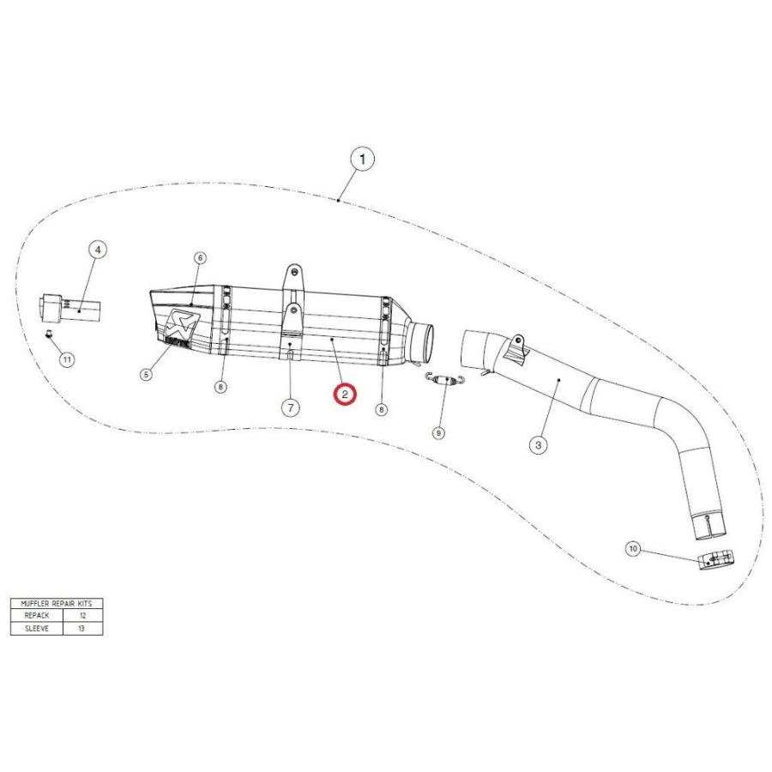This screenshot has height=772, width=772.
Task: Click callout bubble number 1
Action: pos(362,160)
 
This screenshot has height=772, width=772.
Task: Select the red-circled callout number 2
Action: pos(345,394)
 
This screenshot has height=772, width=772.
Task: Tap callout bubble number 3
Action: pos(538,445)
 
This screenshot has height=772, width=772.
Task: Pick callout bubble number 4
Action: pos(98,250)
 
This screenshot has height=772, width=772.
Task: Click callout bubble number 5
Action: pos(146,374)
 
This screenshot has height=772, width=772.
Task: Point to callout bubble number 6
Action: pos(199,257)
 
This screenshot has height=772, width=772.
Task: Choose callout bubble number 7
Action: pos(291,407)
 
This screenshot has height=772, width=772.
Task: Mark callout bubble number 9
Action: pos(437,433)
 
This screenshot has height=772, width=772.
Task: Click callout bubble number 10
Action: pos(633,548)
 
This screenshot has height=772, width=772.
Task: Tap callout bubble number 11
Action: pos(66,359)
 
